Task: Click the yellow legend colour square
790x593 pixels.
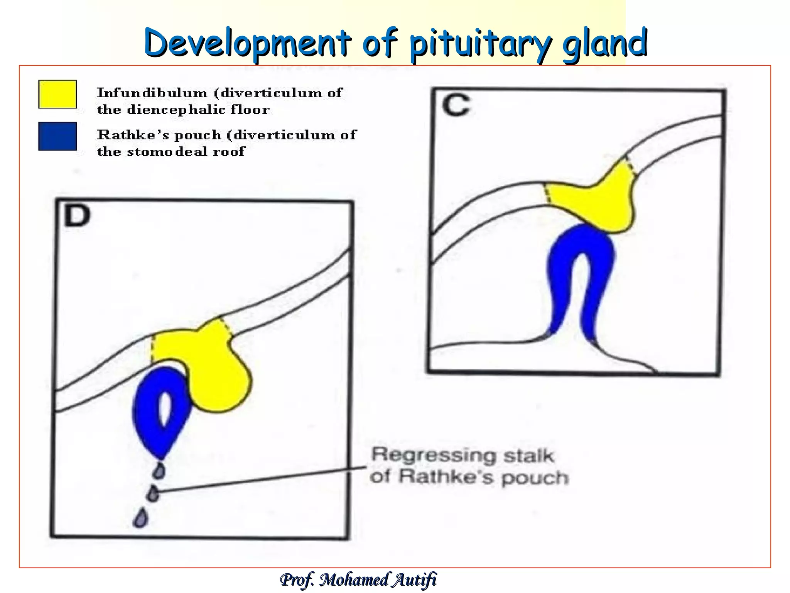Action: tap(57, 94)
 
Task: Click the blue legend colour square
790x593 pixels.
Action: tap(57, 136)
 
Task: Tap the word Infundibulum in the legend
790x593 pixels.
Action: tap(152, 93)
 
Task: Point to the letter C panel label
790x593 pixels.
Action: tap(456, 105)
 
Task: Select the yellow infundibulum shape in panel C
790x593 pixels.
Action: tap(596, 201)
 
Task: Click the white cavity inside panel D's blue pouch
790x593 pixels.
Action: tap(165, 409)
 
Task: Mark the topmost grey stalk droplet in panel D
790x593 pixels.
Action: tap(159, 471)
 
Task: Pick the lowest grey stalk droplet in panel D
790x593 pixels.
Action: tap(141, 518)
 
